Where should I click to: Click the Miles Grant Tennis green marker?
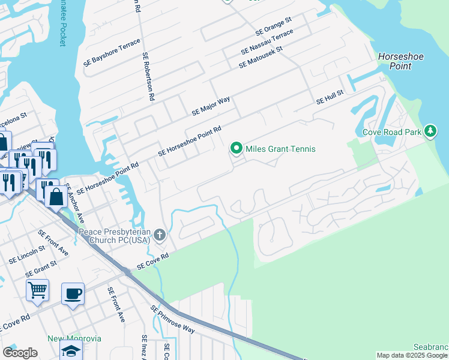tap(237, 148)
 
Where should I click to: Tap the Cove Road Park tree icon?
tap(430, 131)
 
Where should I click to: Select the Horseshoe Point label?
tap(400, 61)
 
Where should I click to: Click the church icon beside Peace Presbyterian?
tap(160, 235)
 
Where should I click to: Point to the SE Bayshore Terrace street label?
tap(112, 57)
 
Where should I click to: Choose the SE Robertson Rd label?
tap(149, 76)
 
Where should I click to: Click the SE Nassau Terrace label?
tap(267, 43)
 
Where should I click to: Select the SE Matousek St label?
tap(260, 57)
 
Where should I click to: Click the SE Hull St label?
tap(330, 97)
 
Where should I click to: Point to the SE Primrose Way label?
tap(173, 320)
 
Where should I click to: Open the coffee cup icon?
tap(73, 293)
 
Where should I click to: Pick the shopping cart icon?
tap(37, 290)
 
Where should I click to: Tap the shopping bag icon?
tap(55, 196)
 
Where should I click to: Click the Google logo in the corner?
tap(20, 353)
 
